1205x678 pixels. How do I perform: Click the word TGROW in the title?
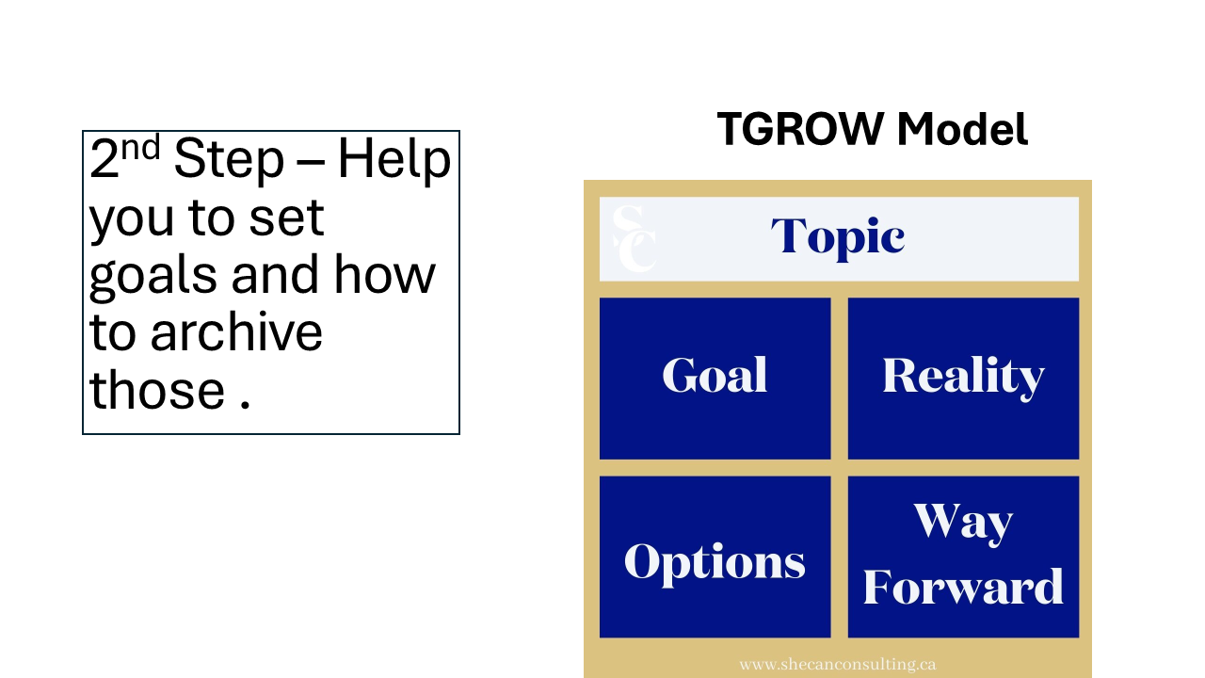point(801,129)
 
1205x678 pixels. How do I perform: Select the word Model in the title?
point(962,129)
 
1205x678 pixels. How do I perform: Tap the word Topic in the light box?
point(838,237)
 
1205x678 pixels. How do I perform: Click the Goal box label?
point(715,375)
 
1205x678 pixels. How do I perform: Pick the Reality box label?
point(963,378)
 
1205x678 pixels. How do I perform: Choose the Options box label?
point(715,563)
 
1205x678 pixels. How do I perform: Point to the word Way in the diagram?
point(963,523)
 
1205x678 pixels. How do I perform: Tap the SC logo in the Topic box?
point(635,238)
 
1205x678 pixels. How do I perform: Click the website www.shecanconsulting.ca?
point(838,665)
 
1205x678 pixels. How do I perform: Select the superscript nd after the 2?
point(140,147)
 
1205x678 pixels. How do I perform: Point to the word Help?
point(394,158)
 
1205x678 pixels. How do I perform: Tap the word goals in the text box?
point(153,276)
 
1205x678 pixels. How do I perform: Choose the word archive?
point(236,331)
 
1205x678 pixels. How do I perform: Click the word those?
point(157,389)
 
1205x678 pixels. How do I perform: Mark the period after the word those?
point(246,405)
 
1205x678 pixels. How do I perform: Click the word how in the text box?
point(385,273)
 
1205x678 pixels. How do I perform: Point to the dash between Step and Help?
point(311,161)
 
